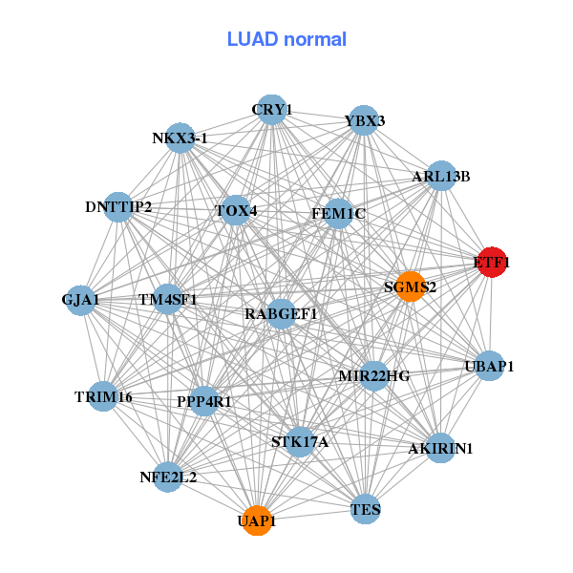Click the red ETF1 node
[x=491, y=262]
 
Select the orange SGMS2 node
[x=410, y=286]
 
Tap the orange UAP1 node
[x=257, y=520]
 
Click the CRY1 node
[x=271, y=110]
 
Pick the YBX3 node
[x=363, y=121]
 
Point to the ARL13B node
[x=440, y=176]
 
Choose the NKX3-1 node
[x=180, y=138]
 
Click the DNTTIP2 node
[x=118, y=206]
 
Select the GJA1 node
[x=81, y=300]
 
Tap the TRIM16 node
[x=103, y=396]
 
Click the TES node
[x=366, y=509]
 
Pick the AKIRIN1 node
[x=439, y=447]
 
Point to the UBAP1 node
[x=489, y=366]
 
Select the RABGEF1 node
[x=281, y=313]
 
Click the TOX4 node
[x=235, y=210]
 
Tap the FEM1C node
[x=339, y=214]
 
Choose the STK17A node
[x=299, y=441]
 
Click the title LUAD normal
[x=286, y=39]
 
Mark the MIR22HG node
[x=374, y=375]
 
